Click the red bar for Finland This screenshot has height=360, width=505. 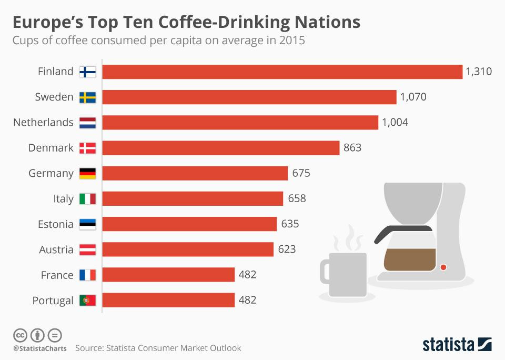pyautogui.click(x=282, y=72)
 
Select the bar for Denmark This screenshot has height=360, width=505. pyautogui.click(x=221, y=148)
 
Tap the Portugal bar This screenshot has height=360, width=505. pyautogui.click(x=168, y=301)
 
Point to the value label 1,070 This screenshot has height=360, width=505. pyautogui.click(x=413, y=97)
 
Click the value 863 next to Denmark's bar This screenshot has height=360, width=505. pyautogui.click(x=352, y=148)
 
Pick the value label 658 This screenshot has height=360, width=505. pyautogui.click(x=297, y=199)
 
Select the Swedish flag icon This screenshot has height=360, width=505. pyautogui.click(x=87, y=97)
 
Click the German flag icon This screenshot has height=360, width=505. pyautogui.click(x=87, y=174)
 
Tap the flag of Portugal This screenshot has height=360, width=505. pyautogui.click(x=87, y=301)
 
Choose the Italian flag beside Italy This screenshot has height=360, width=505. pyautogui.click(x=87, y=199)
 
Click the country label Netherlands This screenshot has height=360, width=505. pyautogui.click(x=43, y=123)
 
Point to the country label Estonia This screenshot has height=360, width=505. pyautogui.click(x=55, y=224)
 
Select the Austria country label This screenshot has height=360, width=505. pyautogui.click(x=56, y=249)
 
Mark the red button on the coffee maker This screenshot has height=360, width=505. pyautogui.click(x=443, y=267)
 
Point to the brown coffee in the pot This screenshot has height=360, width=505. pyautogui.click(x=410, y=259)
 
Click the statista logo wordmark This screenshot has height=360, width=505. pyautogui.click(x=448, y=345)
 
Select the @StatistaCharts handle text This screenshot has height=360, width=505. pyautogui.click(x=40, y=348)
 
